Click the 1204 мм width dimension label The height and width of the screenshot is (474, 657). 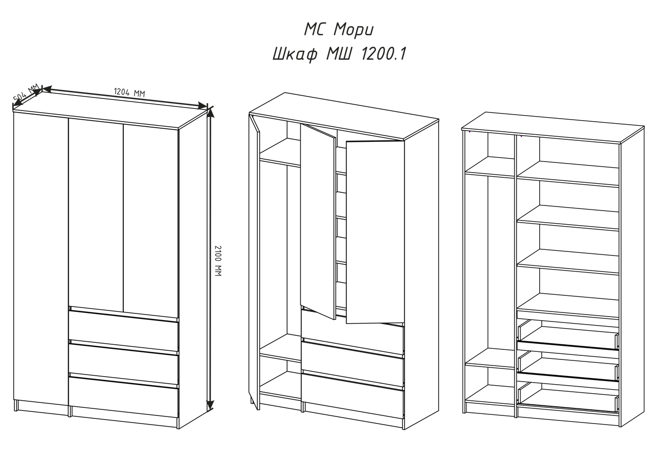point(129,92)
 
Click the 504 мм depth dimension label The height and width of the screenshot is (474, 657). point(26,92)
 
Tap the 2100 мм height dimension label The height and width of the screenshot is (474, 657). point(218,261)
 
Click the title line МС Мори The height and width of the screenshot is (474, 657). point(339,30)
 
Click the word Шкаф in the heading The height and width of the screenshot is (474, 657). point(295,55)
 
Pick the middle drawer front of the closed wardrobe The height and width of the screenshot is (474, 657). point(123,363)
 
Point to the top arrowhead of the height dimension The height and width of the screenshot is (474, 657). point(211,113)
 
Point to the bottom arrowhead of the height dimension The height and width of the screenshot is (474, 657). point(210,405)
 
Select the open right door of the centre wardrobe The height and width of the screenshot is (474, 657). point(375,232)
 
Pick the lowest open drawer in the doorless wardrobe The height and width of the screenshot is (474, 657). point(569,398)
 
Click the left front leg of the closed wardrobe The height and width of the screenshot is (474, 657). point(16,405)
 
